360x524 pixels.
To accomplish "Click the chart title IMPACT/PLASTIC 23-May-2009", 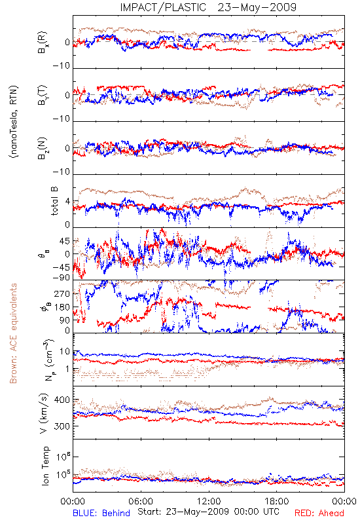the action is [208, 7].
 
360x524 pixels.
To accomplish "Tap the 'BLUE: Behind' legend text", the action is [101, 513].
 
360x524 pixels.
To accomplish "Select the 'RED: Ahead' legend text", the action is [319, 513].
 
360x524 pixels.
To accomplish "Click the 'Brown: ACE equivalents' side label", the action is [13, 333].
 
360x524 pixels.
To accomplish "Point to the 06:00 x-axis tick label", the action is [141, 501].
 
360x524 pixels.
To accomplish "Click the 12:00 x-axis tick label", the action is [209, 501].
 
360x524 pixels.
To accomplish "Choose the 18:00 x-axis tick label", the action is [277, 501].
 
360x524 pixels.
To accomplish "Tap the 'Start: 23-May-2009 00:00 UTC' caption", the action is [208, 512].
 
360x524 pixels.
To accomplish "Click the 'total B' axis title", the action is [54, 201].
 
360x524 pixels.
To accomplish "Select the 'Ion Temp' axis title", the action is [45, 466].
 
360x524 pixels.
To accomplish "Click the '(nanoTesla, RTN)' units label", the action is [14, 122].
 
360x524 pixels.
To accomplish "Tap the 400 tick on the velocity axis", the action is [62, 400].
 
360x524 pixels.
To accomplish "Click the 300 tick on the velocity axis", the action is [62, 426].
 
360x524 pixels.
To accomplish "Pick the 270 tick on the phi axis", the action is [62, 293].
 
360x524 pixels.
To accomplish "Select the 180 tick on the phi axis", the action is [62, 307].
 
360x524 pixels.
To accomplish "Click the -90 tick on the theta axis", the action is [62, 278].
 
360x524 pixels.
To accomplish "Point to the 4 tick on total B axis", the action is [68, 202].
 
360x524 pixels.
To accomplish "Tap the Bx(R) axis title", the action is [43, 43].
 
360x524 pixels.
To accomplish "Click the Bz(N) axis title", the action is [43, 148].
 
